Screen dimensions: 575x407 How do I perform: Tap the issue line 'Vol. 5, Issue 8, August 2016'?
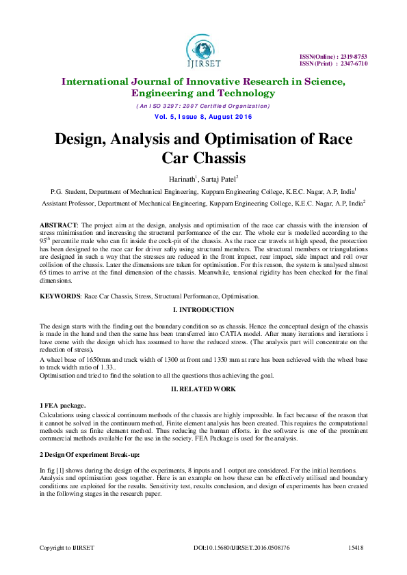202,117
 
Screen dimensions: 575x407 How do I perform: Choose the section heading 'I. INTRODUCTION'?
203,311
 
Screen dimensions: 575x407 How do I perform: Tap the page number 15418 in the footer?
355,548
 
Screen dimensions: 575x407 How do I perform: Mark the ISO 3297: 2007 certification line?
202,106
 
